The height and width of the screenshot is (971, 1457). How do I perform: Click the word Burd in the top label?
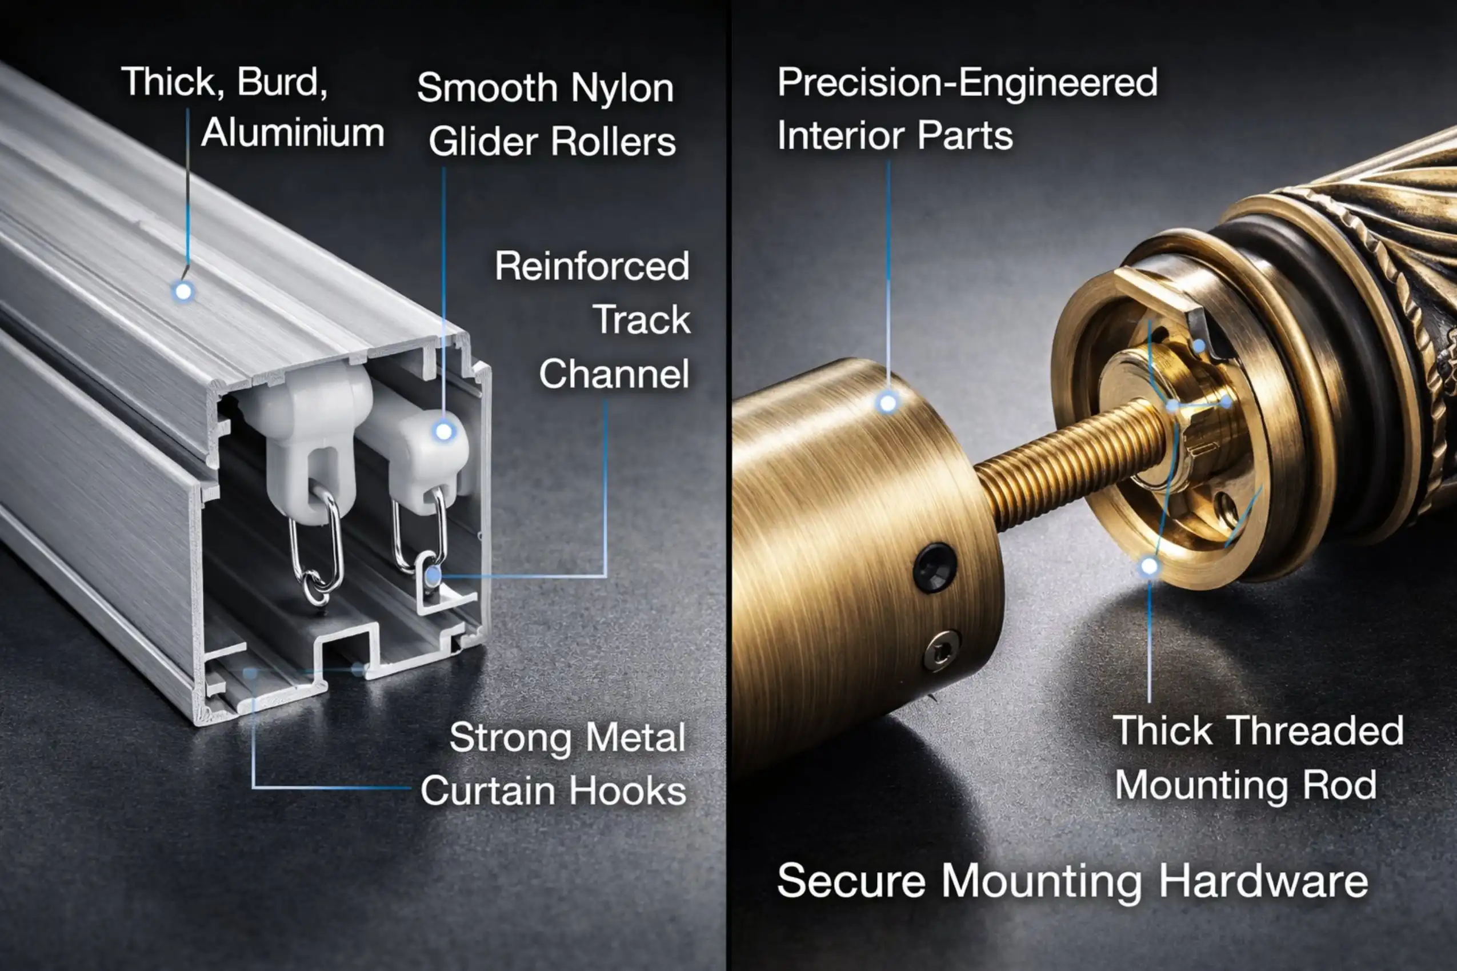(x=282, y=82)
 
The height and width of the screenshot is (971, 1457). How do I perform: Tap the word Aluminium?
(x=293, y=133)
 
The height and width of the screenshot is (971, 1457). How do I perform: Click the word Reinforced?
(x=591, y=266)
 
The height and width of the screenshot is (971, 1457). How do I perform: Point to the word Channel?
(x=614, y=374)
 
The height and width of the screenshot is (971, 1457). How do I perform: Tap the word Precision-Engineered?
(x=967, y=83)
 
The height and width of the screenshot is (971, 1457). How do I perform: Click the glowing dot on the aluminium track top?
(x=183, y=291)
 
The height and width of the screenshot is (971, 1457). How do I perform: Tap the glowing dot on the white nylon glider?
(x=443, y=431)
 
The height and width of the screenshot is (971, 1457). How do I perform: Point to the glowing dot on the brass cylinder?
(x=888, y=403)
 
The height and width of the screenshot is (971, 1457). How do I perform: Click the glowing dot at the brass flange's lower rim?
(x=1150, y=566)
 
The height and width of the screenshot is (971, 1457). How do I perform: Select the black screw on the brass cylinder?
(x=935, y=567)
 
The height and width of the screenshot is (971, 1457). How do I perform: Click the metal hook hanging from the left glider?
(x=317, y=545)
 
